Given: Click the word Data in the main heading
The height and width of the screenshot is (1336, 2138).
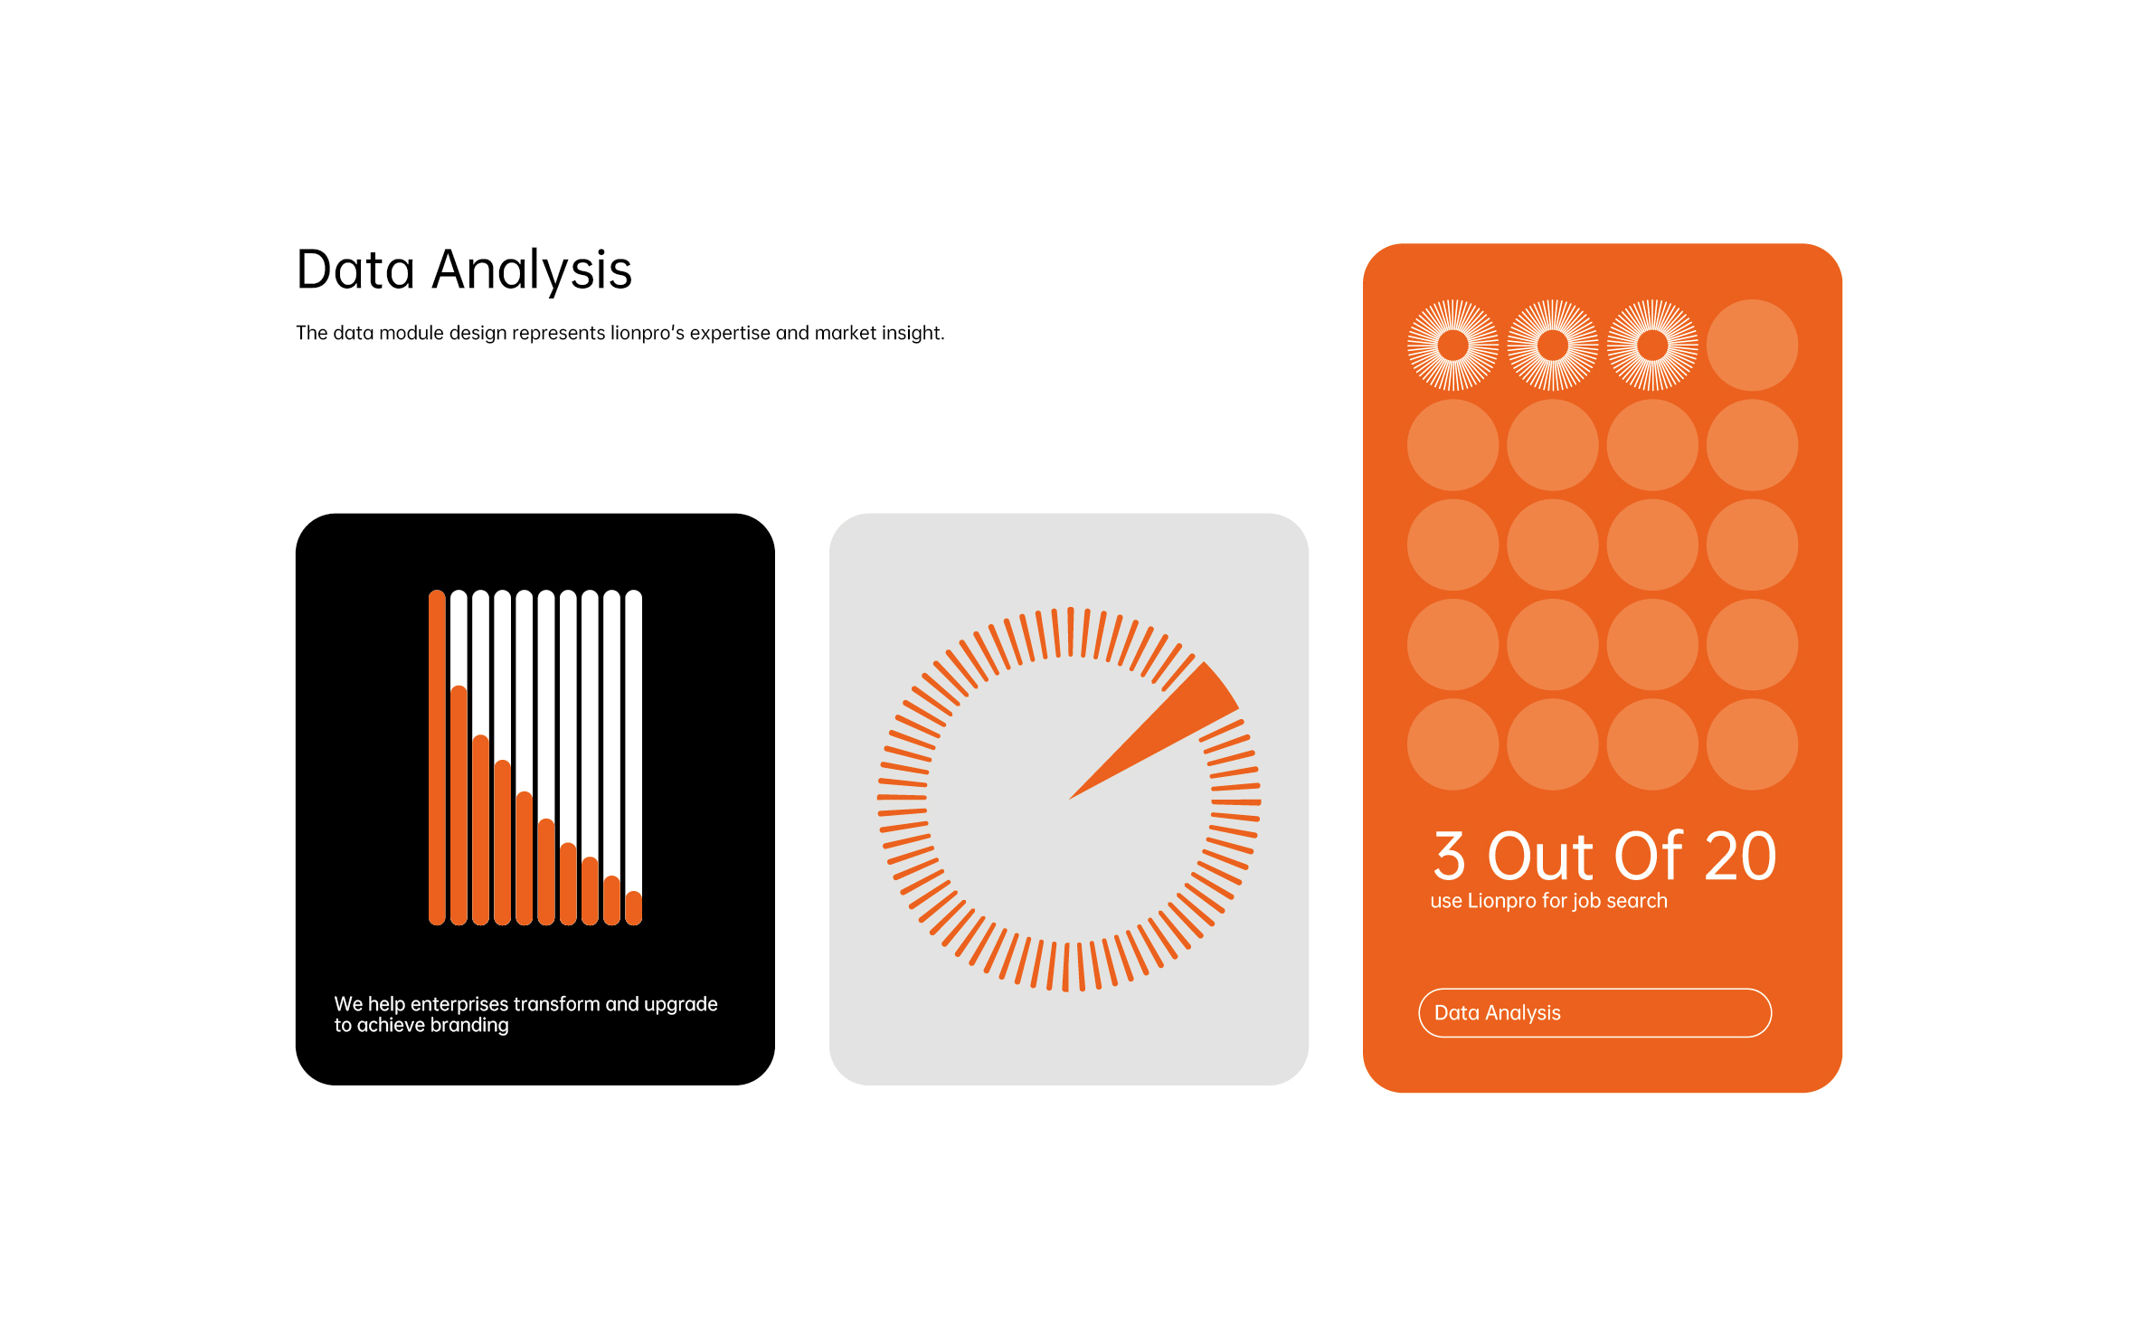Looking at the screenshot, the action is pyautogui.click(x=355, y=270).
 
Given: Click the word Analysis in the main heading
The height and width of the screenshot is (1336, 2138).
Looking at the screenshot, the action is pyautogui.click(x=532, y=271).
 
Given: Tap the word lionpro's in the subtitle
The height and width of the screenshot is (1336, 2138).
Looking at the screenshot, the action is pyautogui.click(x=648, y=333).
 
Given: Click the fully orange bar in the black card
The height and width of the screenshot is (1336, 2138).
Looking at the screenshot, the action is pyautogui.click(x=437, y=757).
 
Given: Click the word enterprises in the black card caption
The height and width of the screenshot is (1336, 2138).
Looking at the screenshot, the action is pyautogui.click(x=459, y=1004).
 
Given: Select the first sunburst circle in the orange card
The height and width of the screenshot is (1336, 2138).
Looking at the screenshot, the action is pyautogui.click(x=1453, y=345).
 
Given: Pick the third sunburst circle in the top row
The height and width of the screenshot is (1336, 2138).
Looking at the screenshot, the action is pyautogui.click(x=1652, y=345).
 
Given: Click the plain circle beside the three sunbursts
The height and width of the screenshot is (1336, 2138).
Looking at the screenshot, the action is pyautogui.click(x=1752, y=345).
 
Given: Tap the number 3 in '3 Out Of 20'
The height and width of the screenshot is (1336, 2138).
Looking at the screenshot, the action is pyautogui.click(x=1449, y=856).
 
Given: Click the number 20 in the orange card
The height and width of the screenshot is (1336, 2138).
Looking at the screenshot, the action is pyautogui.click(x=1741, y=856).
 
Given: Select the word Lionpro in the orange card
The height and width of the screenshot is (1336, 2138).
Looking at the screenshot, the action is pyautogui.click(x=1501, y=901).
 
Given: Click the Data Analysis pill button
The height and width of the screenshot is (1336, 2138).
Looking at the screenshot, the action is pyautogui.click(x=1594, y=1013).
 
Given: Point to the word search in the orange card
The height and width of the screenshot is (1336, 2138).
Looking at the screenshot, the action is pyautogui.click(x=1637, y=901).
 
